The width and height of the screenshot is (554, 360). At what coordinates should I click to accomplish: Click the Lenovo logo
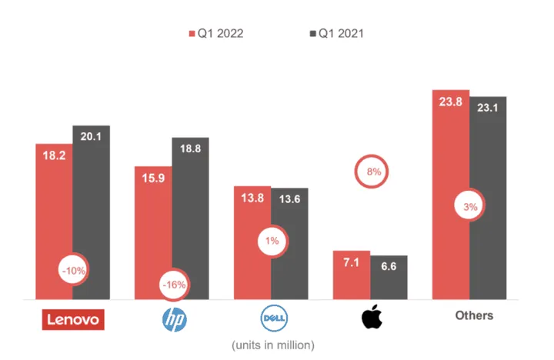(72, 318)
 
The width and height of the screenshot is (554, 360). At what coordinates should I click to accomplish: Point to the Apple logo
(372, 318)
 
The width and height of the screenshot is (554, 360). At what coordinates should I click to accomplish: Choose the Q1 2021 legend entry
(336, 33)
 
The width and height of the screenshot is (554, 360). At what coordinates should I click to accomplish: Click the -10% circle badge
(75, 270)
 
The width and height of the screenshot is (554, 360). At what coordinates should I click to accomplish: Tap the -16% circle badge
(174, 285)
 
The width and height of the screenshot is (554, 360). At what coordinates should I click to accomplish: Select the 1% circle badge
(273, 241)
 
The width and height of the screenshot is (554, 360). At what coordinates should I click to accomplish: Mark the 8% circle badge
(374, 172)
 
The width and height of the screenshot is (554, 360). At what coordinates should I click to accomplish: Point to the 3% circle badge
(471, 206)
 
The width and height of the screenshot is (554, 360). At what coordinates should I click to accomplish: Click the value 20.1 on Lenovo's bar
(92, 136)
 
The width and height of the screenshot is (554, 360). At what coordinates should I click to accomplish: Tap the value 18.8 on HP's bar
(190, 148)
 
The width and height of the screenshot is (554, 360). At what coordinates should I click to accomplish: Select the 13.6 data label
(289, 199)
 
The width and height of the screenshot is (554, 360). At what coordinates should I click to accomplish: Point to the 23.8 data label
(450, 102)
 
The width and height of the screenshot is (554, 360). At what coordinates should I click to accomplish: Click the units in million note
(273, 343)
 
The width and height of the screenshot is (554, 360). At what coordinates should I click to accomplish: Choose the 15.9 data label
(153, 178)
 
